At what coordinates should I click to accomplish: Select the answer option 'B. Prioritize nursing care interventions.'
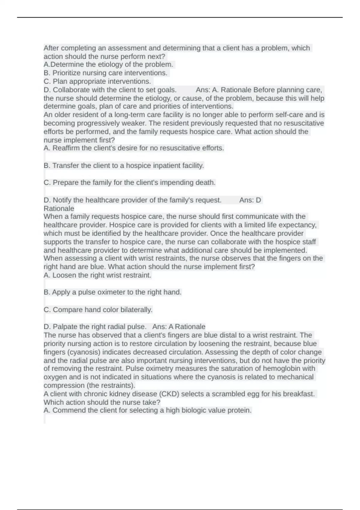pyautogui.click(x=105, y=73)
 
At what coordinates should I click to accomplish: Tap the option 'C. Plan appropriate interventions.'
pyautogui.click(x=97, y=81)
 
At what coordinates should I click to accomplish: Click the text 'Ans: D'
pyautogui.click(x=250, y=200)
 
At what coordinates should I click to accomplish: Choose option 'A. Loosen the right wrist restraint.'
pyautogui.click(x=97, y=275)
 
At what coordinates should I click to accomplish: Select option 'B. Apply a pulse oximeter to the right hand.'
pyautogui.click(x=112, y=292)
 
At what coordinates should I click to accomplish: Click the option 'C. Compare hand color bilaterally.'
pyautogui.click(x=98, y=310)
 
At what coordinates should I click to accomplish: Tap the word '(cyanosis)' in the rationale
pyautogui.click(x=79, y=352)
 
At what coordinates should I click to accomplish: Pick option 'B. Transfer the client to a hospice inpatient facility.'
pyautogui.click(x=124, y=166)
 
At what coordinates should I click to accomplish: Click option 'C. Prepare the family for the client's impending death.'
pyautogui.click(x=130, y=183)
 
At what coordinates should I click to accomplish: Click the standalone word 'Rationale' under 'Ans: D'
pyautogui.click(x=59, y=208)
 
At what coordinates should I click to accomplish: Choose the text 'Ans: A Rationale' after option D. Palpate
pyautogui.click(x=179, y=327)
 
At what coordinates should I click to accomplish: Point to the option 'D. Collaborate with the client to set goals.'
pyautogui.click(x=110, y=90)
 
